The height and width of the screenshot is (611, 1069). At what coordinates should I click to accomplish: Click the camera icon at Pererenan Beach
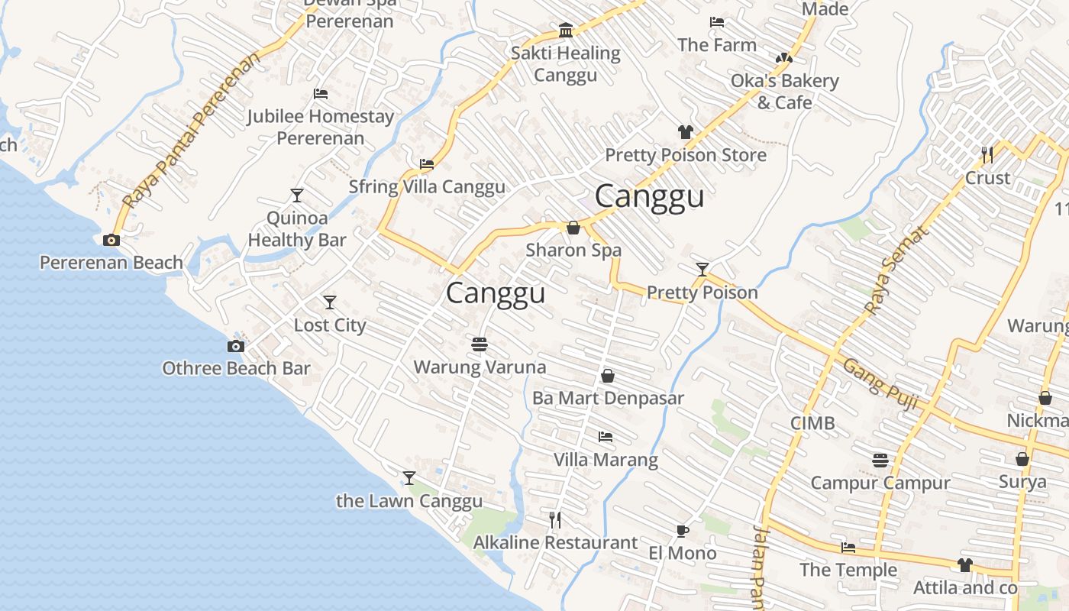[x=111, y=241]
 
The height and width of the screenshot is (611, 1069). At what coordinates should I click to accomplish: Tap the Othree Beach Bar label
[x=236, y=368]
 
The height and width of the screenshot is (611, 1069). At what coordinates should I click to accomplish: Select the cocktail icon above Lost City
[x=330, y=302]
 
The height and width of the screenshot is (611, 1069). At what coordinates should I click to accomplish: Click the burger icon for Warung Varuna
[x=480, y=344]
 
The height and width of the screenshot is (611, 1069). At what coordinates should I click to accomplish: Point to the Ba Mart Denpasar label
[x=608, y=398]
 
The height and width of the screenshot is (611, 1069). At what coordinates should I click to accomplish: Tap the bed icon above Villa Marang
[x=606, y=437]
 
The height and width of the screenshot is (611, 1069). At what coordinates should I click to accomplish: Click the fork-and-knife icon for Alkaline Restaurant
[x=555, y=520]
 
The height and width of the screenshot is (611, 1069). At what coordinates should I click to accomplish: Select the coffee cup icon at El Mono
[x=682, y=531]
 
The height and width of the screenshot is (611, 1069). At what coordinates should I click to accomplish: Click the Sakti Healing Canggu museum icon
[x=566, y=31]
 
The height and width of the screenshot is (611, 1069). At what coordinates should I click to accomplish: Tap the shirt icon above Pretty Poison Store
[x=686, y=132]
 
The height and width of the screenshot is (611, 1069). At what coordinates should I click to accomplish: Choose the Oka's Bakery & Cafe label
[x=784, y=91]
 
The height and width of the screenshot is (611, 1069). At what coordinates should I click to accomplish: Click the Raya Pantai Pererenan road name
[x=191, y=131]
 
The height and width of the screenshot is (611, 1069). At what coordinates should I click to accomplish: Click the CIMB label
[x=812, y=423]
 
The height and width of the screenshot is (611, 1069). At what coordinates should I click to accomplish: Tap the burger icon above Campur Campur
[x=880, y=460]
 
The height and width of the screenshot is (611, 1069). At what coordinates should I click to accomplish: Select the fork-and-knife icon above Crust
[x=987, y=155]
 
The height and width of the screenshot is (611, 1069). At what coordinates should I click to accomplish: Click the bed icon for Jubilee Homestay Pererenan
[x=321, y=94]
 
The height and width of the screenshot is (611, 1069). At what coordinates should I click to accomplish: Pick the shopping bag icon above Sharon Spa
[x=573, y=228]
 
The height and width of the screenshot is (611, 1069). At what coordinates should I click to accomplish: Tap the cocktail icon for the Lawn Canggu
[x=409, y=478]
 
